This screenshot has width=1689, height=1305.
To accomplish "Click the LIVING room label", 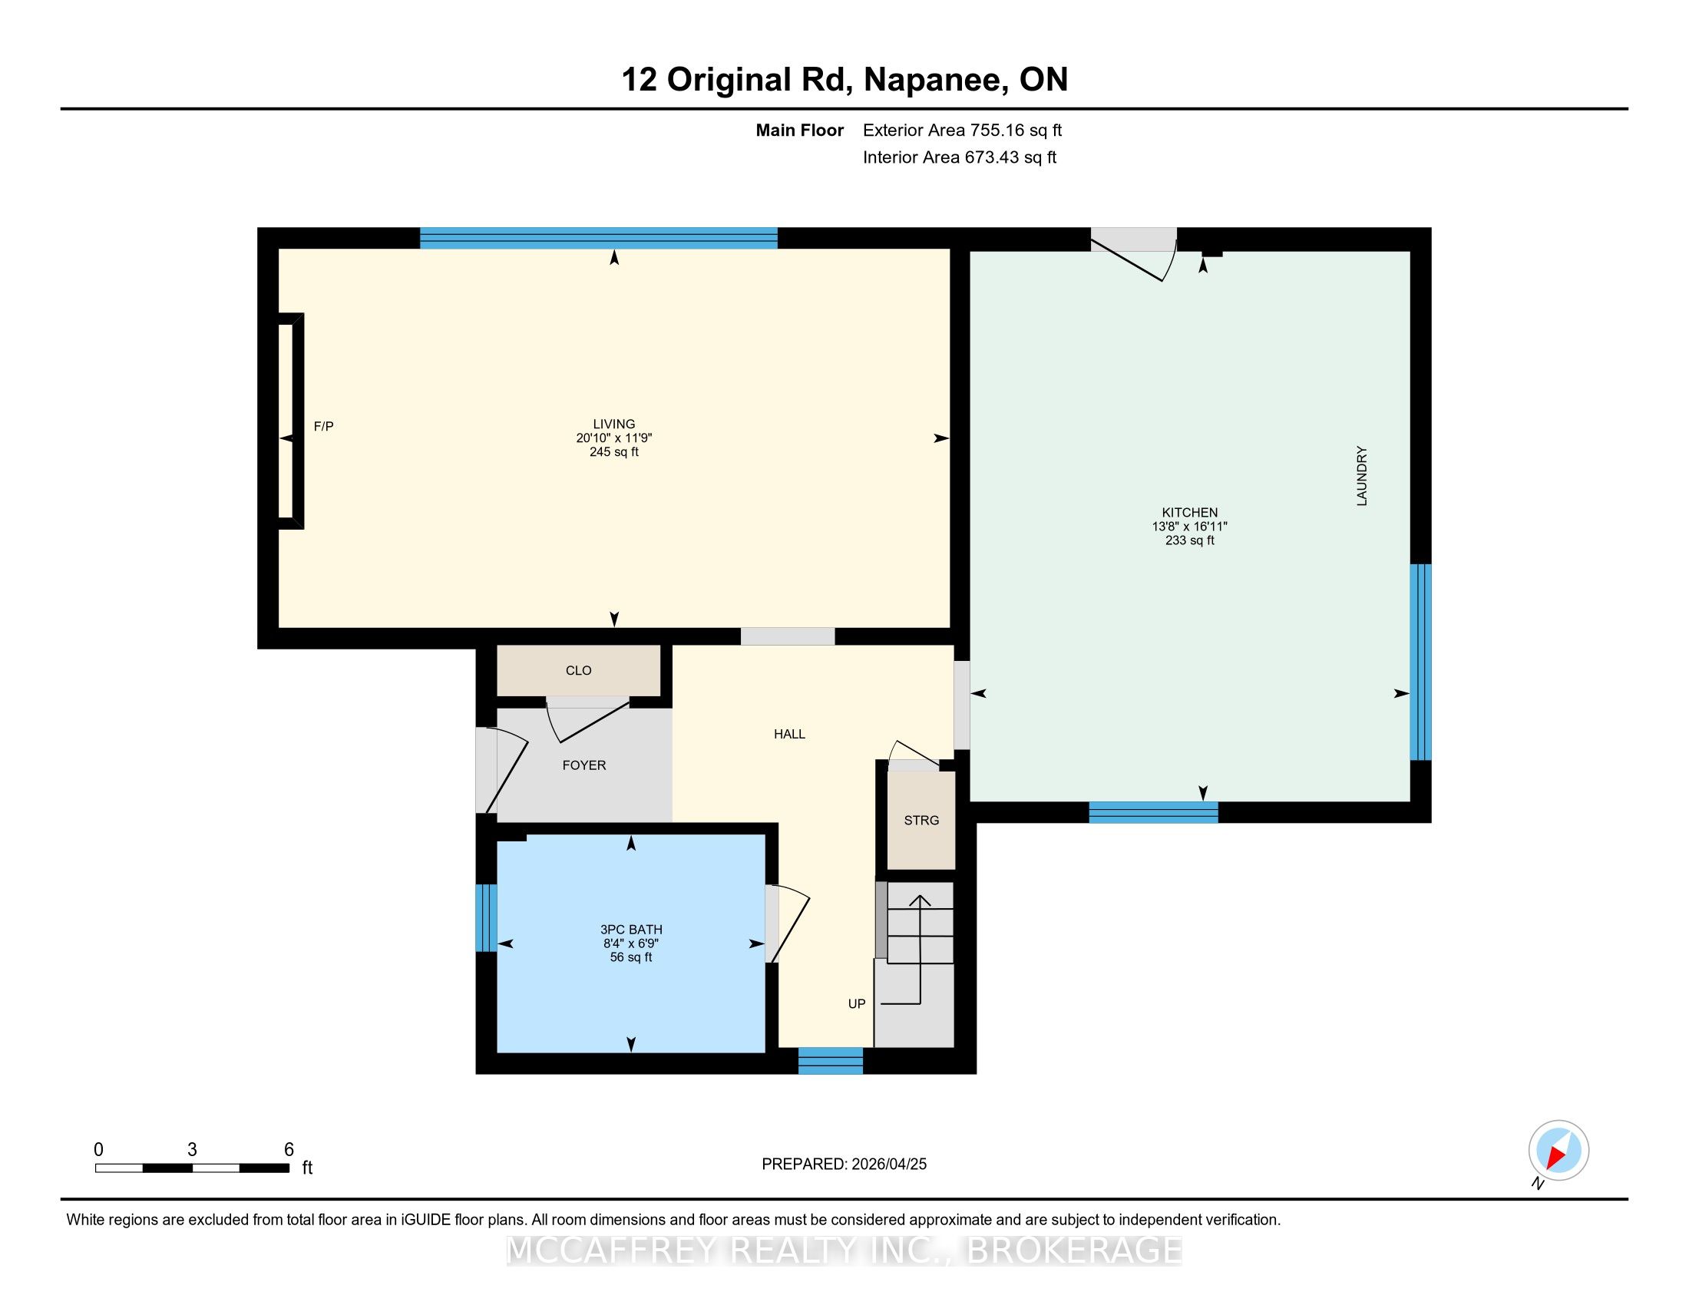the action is (614, 424).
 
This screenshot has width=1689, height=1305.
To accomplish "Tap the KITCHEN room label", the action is (1189, 513).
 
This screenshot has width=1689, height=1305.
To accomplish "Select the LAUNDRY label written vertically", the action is (1362, 476).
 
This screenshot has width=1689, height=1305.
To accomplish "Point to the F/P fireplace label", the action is (323, 426).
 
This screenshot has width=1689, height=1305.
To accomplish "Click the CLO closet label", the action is (578, 670).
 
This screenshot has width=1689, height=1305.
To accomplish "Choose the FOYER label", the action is (584, 765).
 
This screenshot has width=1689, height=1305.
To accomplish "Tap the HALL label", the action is (789, 734).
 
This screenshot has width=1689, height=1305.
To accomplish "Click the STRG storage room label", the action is (922, 821).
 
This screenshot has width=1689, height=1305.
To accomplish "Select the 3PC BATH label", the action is (631, 930).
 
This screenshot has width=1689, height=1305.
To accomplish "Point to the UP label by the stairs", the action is (857, 1003).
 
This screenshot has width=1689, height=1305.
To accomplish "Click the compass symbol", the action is (1558, 1151).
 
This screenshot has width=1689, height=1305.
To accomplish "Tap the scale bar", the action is (193, 1168).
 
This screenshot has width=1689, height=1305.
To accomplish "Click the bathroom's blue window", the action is (486, 917).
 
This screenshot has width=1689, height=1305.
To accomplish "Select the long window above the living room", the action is (599, 238).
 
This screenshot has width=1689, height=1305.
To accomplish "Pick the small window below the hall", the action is (831, 1061).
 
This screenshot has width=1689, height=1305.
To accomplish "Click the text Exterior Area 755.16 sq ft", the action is (962, 130).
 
